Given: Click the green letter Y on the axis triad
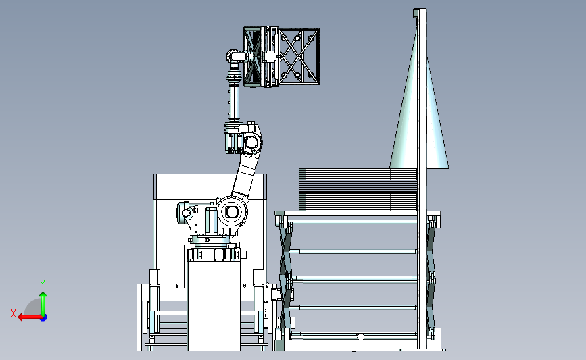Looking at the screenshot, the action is click(x=43, y=284).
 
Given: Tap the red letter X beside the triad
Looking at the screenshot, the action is click(x=14, y=313).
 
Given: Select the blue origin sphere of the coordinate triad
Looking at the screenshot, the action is click(x=44, y=318).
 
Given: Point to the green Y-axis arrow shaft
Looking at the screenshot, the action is click(x=43, y=305).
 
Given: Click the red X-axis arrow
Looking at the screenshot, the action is click(x=30, y=317).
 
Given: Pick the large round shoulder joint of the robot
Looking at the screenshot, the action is click(x=232, y=211).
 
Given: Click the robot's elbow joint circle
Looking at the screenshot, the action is click(x=251, y=143).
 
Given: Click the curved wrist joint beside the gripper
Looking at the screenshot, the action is click(x=235, y=57).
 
